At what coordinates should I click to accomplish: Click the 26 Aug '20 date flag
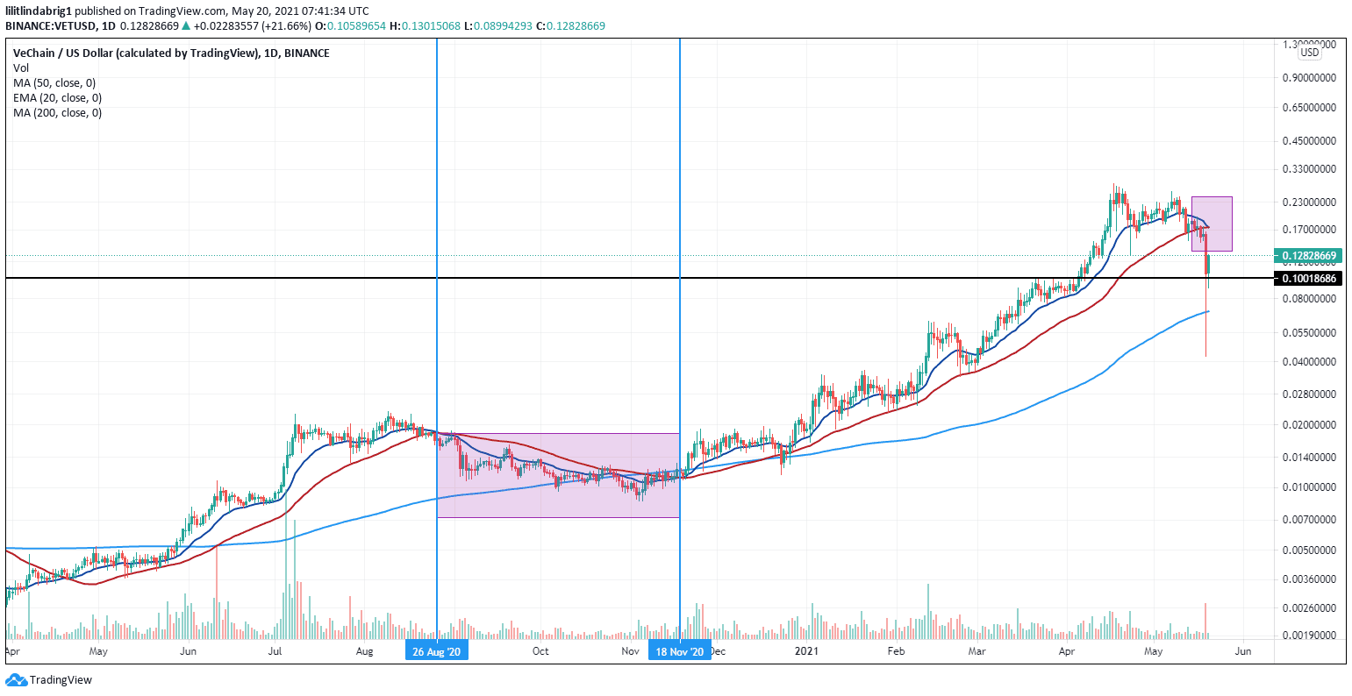coord(436,651)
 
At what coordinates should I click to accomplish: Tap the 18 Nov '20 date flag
coord(679,651)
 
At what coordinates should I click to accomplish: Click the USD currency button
coord(1309,53)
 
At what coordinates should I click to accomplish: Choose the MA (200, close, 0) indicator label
coord(57,112)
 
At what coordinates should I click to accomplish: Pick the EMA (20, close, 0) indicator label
coord(57,97)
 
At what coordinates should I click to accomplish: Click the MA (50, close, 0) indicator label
coord(54,82)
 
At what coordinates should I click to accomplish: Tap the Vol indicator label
coord(21,67)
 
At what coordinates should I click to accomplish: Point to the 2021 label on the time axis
coord(806,651)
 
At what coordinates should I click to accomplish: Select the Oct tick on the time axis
coord(540,651)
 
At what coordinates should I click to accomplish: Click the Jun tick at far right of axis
coord(1242,651)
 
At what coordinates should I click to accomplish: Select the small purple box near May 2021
coord(1212,224)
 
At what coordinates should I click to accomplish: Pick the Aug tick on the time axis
coord(366,651)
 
